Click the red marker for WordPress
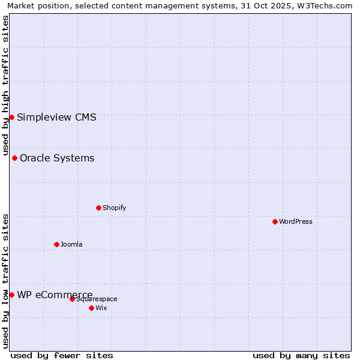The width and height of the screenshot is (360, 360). (x=275, y=221)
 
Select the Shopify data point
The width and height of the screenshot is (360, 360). (x=98, y=208)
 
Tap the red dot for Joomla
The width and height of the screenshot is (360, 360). (x=56, y=244)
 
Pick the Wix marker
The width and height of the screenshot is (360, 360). (x=91, y=308)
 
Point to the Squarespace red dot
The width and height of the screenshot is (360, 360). (x=72, y=299)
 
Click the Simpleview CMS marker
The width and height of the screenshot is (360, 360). (x=11, y=117)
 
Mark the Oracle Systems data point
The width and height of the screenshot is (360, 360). (x=14, y=158)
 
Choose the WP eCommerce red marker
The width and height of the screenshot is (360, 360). (x=11, y=295)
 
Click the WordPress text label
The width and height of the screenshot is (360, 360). (x=295, y=221)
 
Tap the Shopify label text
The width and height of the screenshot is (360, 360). (x=114, y=208)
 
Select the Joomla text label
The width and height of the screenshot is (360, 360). (x=71, y=244)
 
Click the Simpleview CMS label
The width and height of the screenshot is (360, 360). (x=56, y=117)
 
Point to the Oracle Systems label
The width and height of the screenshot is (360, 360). (x=57, y=158)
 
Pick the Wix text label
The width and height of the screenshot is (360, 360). (x=101, y=308)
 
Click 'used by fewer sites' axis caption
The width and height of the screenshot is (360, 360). (x=62, y=355)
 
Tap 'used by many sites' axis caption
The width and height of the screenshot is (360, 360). (x=301, y=355)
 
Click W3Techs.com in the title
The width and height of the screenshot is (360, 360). (x=323, y=5)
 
